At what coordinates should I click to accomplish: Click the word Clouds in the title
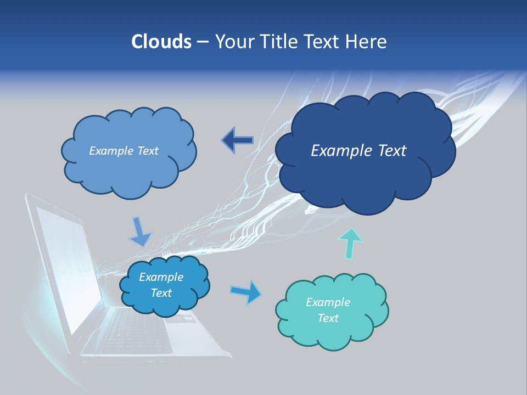pyautogui.click(x=161, y=42)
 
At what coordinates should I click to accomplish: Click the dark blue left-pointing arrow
pyautogui.click(x=237, y=140)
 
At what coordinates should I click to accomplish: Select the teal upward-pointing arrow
pyautogui.click(x=351, y=242)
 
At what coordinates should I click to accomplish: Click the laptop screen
pyautogui.click(x=69, y=258)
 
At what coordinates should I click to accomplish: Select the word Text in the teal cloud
pyautogui.click(x=328, y=318)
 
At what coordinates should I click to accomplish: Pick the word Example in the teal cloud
pyautogui.click(x=328, y=302)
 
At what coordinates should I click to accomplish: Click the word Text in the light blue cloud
pyautogui.click(x=147, y=151)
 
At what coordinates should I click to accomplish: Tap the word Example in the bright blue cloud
pyautogui.click(x=161, y=277)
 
